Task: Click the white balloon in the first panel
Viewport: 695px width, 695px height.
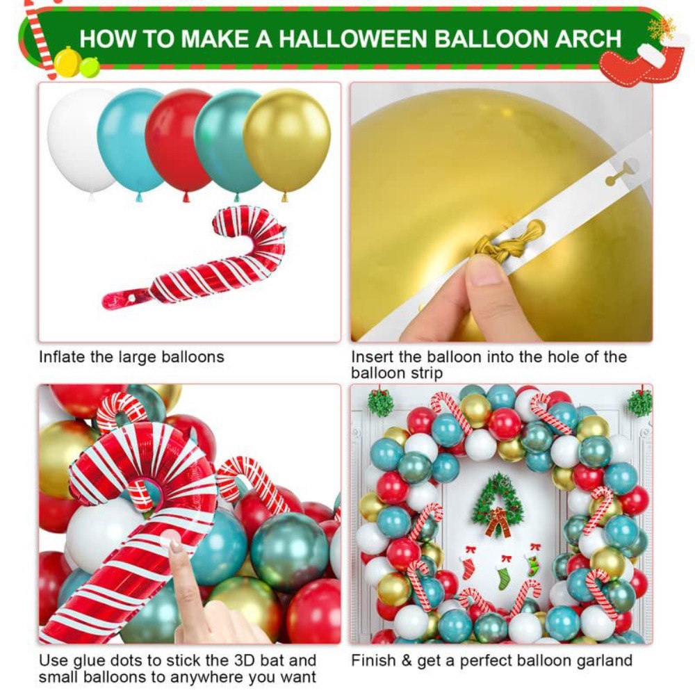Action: click(76, 142)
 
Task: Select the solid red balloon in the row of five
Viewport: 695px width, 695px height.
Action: click(179, 142)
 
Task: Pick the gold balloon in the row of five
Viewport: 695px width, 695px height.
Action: click(287, 142)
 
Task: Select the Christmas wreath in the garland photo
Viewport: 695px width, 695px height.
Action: click(498, 505)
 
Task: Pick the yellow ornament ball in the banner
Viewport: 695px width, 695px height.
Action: click(67, 61)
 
